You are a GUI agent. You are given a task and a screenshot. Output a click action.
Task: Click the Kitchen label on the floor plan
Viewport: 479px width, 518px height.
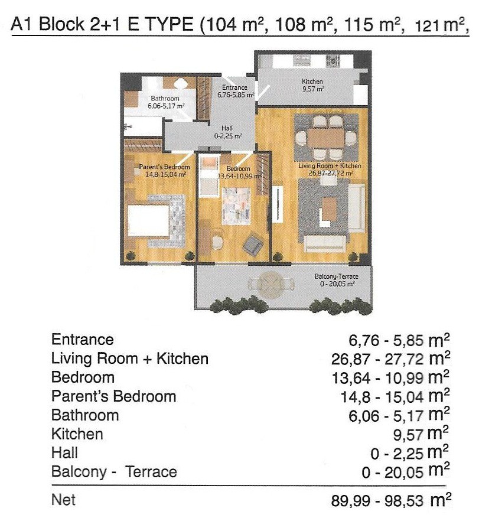pyautogui.click(x=312, y=82)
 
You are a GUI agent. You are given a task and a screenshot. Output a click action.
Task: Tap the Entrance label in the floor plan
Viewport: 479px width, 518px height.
pyautogui.click(x=234, y=87)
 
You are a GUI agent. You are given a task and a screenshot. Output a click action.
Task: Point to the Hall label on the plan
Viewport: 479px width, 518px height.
pyautogui.click(x=227, y=128)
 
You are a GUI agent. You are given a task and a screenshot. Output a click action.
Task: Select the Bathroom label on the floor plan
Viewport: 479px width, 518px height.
pyautogui.click(x=165, y=99)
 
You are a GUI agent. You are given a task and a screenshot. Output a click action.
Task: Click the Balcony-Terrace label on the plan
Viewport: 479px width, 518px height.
pyautogui.click(x=336, y=276)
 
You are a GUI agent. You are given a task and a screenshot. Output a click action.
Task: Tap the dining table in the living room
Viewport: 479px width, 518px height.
pyautogui.click(x=326, y=138)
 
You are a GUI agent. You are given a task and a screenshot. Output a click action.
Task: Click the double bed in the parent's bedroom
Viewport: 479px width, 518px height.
pyautogui.click(x=149, y=221)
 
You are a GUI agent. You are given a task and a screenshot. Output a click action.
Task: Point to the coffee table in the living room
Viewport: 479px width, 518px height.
pyautogui.click(x=330, y=208)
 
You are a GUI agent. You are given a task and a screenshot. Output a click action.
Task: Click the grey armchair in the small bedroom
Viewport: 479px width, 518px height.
pyautogui.click(x=253, y=245)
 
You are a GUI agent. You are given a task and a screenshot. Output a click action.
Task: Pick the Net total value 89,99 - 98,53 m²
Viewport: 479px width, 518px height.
pyautogui.click(x=391, y=500)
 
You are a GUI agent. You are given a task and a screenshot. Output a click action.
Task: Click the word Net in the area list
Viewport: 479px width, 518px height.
pyautogui.click(x=63, y=500)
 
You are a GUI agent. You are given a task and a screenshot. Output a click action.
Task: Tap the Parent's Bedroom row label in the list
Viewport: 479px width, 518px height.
pyautogui.click(x=113, y=396)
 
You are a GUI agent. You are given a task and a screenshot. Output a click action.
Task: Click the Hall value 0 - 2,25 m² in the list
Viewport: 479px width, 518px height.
pyautogui.click(x=410, y=453)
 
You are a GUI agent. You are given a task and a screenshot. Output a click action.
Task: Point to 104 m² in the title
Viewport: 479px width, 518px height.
pyautogui.click(x=236, y=24)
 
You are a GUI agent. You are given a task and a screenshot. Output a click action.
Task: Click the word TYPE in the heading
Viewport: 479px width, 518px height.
pyautogui.click(x=169, y=24)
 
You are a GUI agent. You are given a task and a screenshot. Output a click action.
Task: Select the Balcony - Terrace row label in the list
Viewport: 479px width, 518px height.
pyautogui.click(x=114, y=471)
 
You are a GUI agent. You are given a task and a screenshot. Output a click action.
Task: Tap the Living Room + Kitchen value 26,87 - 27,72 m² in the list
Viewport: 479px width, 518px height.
pyautogui.click(x=391, y=359)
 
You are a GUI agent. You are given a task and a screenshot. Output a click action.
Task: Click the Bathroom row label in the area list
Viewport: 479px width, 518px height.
pyautogui.click(x=85, y=415)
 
